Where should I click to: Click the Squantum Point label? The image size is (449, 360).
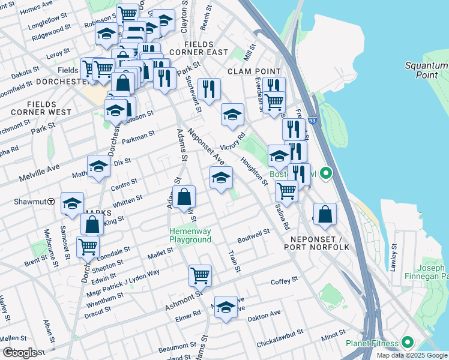426,70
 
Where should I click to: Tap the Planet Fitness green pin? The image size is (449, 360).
408,343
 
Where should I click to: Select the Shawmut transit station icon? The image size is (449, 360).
52,202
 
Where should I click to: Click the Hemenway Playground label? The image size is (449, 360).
190,235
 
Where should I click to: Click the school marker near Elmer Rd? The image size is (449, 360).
226,307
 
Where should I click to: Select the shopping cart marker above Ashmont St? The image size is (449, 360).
200,276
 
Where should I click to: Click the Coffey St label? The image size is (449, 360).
284,281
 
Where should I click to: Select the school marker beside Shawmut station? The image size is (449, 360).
72,204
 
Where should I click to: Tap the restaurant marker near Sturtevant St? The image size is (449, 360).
209,89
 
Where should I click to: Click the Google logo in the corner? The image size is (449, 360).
20,352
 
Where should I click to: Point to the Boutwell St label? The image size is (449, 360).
254,235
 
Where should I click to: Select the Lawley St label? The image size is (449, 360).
394,257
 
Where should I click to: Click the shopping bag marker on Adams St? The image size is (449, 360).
184,197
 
